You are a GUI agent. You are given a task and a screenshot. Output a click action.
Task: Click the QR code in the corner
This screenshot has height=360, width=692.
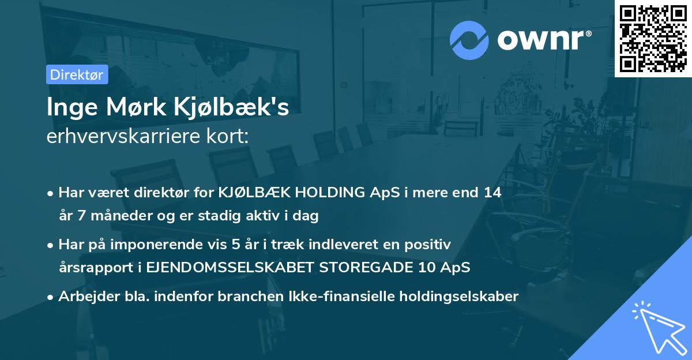[x=653, y=39]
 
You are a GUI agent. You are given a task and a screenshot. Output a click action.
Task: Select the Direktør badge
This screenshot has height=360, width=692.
[x=77, y=74]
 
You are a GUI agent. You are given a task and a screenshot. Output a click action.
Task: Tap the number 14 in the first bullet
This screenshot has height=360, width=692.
[x=492, y=193]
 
